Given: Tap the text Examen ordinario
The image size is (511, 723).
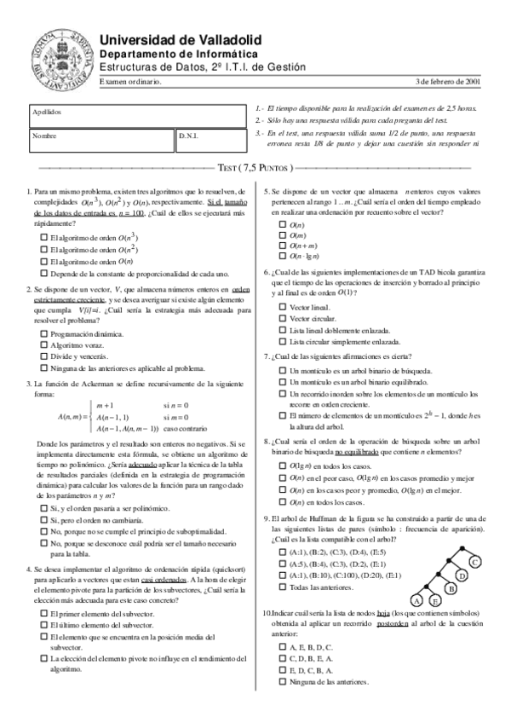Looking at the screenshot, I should pos(130,82).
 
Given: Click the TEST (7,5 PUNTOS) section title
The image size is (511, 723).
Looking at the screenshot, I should pos(255,168).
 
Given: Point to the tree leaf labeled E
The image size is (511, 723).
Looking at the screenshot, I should pos(435,600).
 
